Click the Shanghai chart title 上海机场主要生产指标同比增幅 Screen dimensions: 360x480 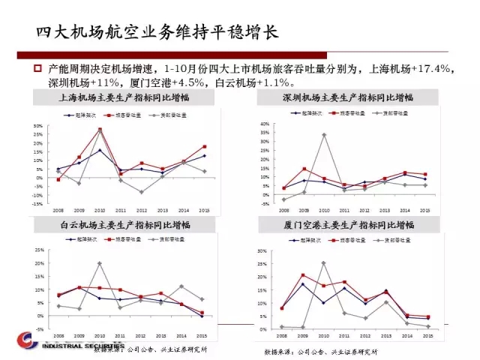[124, 98]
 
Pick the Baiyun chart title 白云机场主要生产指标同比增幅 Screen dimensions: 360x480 [124, 225]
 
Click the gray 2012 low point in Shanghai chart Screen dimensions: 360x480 [141, 192]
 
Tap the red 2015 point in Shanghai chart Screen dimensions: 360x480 [204, 146]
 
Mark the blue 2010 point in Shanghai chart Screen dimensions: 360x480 [100, 150]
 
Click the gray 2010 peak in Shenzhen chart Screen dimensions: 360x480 [323, 135]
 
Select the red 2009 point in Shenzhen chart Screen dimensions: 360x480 [304, 169]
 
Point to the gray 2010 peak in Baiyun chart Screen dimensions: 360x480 [100, 263]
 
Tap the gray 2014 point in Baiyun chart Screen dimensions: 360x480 [181, 286]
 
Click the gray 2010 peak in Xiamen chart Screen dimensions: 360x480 [323, 262]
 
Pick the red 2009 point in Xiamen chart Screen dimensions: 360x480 [303, 275]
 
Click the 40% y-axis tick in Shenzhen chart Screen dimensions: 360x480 [263, 124]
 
